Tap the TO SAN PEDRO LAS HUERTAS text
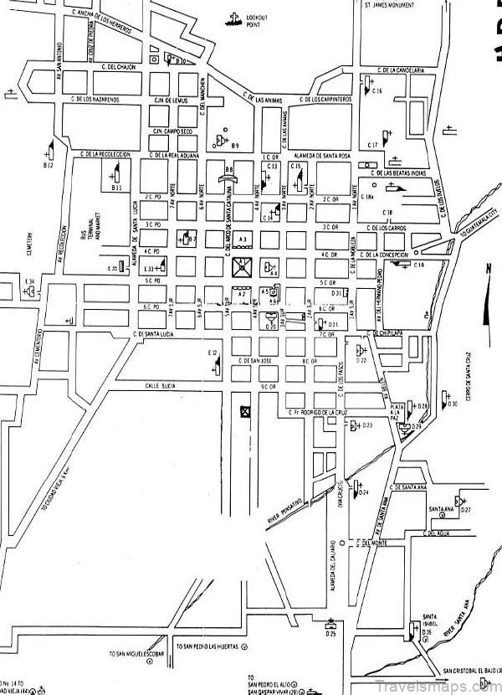click(x=207, y=647)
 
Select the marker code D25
click(x=331, y=635)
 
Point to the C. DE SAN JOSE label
click(x=254, y=360)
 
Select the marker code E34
click(x=29, y=281)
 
